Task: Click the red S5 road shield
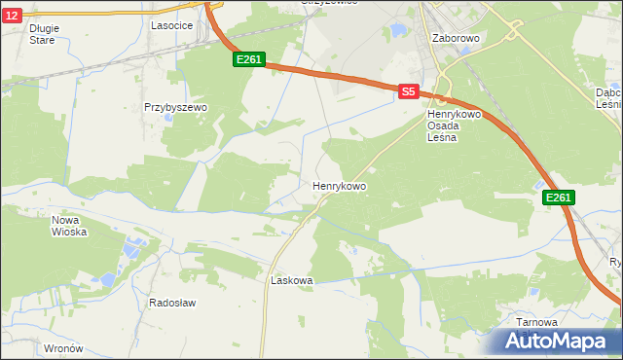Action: (408, 91)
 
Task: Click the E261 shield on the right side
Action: (558, 198)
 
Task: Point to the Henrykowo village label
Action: (339, 185)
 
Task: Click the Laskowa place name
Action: (291, 280)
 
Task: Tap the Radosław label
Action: (172, 303)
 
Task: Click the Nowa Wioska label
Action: (69, 226)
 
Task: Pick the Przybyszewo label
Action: (176, 108)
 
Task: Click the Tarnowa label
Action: (537, 322)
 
